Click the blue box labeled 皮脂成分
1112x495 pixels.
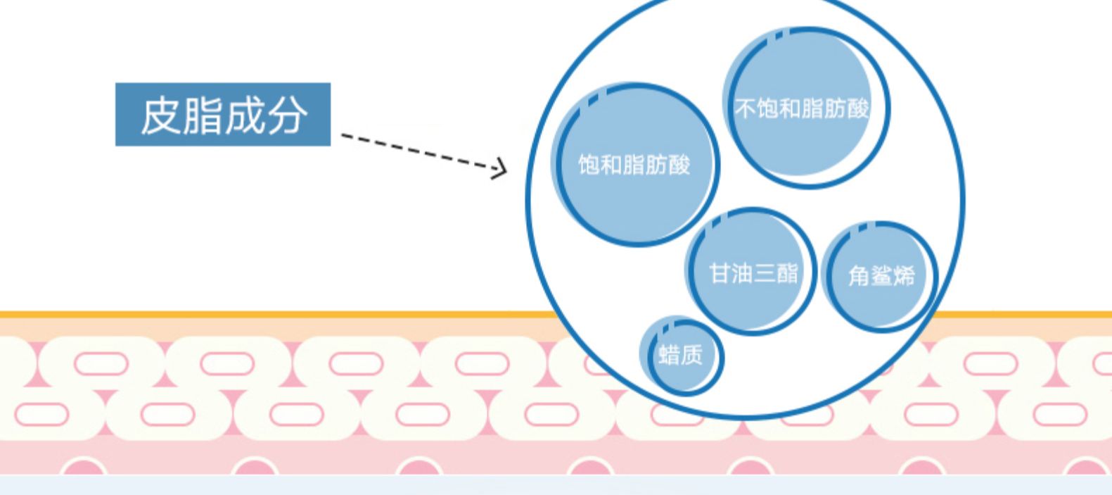click(x=222, y=114)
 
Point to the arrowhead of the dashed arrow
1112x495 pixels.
click(x=501, y=168)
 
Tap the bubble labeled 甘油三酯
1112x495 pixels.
click(x=752, y=272)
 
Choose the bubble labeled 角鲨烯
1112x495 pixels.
click(x=881, y=276)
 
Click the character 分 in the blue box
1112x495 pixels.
click(x=286, y=115)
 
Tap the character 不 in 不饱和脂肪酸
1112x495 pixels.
click(x=745, y=108)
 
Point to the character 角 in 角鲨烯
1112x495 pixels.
click(x=859, y=276)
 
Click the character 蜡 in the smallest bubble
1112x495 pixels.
click(x=669, y=355)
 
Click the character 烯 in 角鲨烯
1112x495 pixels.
click(x=904, y=276)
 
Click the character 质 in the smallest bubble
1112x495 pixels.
click(x=692, y=355)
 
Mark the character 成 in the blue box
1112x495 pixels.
click(x=244, y=115)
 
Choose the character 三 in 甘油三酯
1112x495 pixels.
click(x=765, y=272)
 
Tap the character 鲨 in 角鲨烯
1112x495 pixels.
click(x=881, y=276)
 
